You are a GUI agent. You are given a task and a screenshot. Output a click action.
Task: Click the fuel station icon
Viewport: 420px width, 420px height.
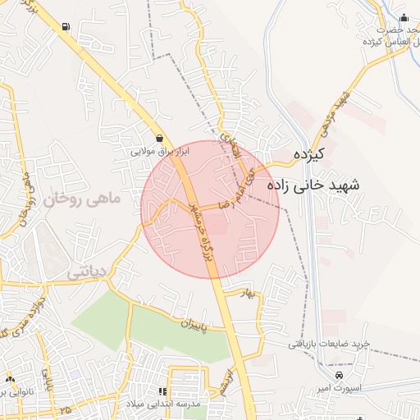(x=65, y=26)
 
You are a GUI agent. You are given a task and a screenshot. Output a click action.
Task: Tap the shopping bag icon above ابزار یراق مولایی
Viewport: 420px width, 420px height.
(x=158, y=139)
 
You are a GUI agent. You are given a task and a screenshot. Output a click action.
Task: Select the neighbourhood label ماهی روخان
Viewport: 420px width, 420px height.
(x=83, y=198)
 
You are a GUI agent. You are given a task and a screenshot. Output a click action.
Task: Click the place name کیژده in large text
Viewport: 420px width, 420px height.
(x=310, y=153)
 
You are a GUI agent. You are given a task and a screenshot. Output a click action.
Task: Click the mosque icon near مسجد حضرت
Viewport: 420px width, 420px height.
(x=403, y=19)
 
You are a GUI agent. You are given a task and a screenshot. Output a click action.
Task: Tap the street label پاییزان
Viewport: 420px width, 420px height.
(x=190, y=323)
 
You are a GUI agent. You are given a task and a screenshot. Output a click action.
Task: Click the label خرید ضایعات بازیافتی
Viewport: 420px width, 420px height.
(x=328, y=343)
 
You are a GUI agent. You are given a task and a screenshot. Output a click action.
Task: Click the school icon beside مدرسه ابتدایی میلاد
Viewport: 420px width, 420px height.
(x=162, y=392)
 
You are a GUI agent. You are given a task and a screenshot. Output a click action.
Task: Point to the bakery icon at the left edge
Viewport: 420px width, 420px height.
(x=10, y=380)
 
